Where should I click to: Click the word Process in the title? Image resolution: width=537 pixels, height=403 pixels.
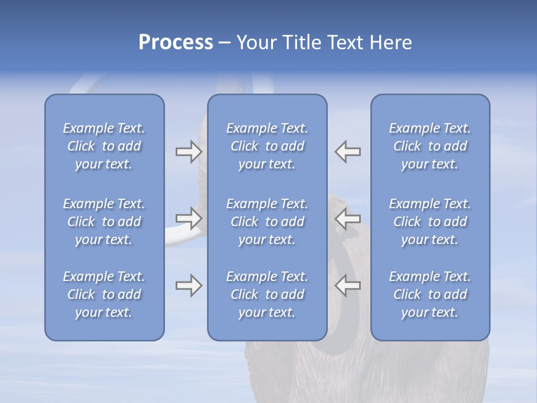tap(176, 43)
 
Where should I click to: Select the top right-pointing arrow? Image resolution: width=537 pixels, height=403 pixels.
tap(189, 152)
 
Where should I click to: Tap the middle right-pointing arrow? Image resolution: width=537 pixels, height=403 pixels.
tap(189, 218)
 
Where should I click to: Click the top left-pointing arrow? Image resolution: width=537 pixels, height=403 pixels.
tap(348, 152)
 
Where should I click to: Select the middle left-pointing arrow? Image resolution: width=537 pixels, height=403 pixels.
tap(348, 218)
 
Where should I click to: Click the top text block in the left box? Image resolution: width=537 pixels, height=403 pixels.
tap(104, 146)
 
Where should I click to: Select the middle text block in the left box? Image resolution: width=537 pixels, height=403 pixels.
tap(104, 222)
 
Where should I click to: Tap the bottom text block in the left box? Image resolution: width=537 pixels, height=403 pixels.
tap(104, 294)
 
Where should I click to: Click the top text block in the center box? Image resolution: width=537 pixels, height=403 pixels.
tap(267, 146)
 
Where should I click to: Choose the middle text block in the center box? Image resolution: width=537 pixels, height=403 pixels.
tap(267, 222)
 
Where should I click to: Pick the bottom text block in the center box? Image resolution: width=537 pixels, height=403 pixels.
tap(267, 294)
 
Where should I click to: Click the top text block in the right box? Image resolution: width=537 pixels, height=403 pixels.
tap(430, 146)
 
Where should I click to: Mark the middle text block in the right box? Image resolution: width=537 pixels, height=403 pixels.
tap(430, 222)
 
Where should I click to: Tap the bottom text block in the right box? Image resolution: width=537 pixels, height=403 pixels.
tap(430, 294)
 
